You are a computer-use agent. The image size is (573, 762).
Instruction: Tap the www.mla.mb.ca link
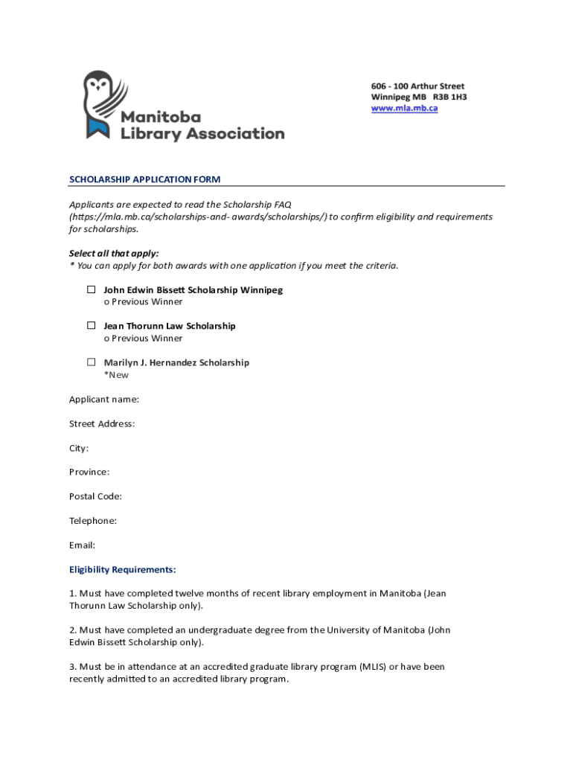click(x=404, y=109)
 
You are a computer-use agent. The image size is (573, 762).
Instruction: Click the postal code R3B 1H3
click(x=450, y=97)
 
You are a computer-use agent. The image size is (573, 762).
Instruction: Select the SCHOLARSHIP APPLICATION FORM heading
click(x=144, y=179)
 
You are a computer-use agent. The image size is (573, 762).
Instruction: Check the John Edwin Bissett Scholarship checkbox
click(x=91, y=289)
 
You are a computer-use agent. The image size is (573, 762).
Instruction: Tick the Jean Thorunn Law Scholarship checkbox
click(x=91, y=325)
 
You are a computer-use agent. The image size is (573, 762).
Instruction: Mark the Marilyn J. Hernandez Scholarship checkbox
click(x=91, y=362)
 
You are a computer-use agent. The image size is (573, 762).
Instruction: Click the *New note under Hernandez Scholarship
click(x=116, y=375)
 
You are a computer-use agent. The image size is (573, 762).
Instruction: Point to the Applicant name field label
click(x=104, y=400)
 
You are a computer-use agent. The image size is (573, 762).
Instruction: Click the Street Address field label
click(x=102, y=424)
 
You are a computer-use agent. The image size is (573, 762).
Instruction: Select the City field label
click(x=79, y=448)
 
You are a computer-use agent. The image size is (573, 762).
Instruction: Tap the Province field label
click(x=89, y=472)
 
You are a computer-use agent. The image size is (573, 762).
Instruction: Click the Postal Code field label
click(x=95, y=496)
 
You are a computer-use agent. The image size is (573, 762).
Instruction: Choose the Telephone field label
click(x=93, y=521)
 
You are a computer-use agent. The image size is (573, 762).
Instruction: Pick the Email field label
click(x=82, y=545)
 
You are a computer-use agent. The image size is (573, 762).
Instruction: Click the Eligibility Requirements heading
click(x=123, y=570)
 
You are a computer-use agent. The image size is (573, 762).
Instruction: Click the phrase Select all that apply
click(x=114, y=253)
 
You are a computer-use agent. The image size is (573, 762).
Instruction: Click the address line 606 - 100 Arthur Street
click(x=417, y=86)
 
